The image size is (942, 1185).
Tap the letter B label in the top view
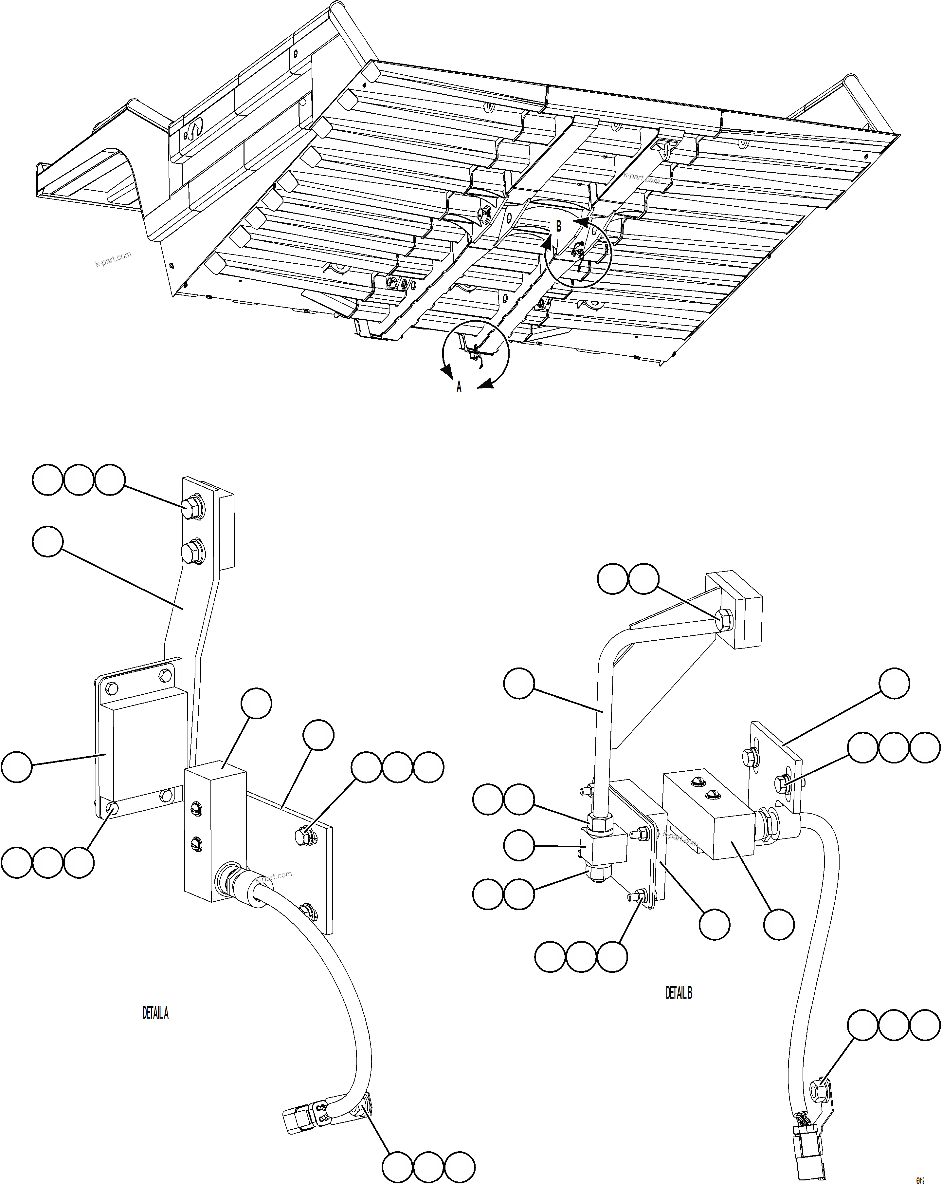559,226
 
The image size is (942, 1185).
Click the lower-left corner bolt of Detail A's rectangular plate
112,807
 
